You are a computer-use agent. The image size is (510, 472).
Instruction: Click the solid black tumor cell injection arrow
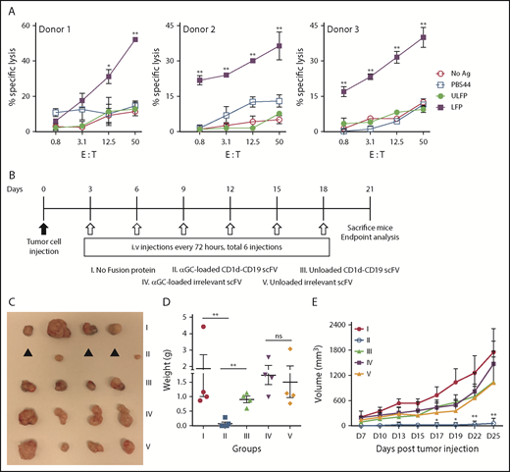(45, 230)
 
